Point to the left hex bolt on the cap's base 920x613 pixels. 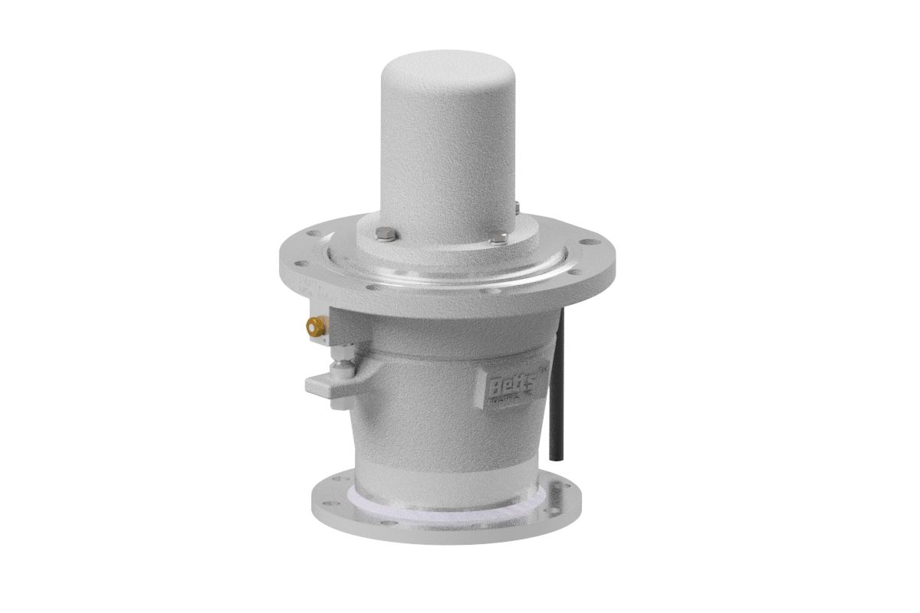385,234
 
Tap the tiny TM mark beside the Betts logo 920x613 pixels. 537,370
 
